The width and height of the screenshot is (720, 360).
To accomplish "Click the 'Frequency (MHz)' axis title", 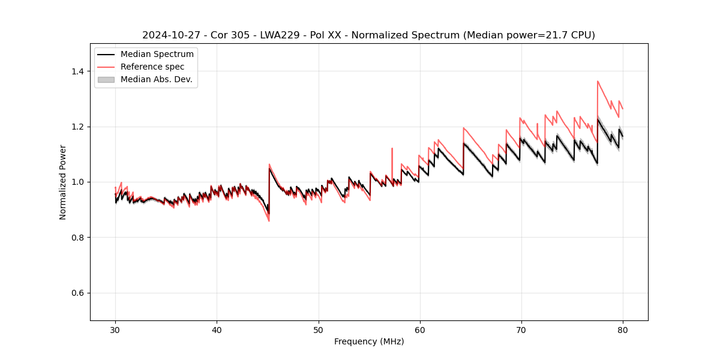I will [x=369, y=341].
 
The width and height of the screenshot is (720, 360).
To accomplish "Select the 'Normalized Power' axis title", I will [x=63, y=182].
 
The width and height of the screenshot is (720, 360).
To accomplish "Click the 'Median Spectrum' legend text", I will [x=157, y=55].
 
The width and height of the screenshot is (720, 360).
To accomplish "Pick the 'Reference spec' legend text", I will [x=152, y=67].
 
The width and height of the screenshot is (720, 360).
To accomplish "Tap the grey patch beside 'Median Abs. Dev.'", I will [x=106, y=79].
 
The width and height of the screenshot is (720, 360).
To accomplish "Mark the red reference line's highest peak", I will [x=598, y=81].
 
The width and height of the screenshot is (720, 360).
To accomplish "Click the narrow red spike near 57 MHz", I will [x=392, y=149].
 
